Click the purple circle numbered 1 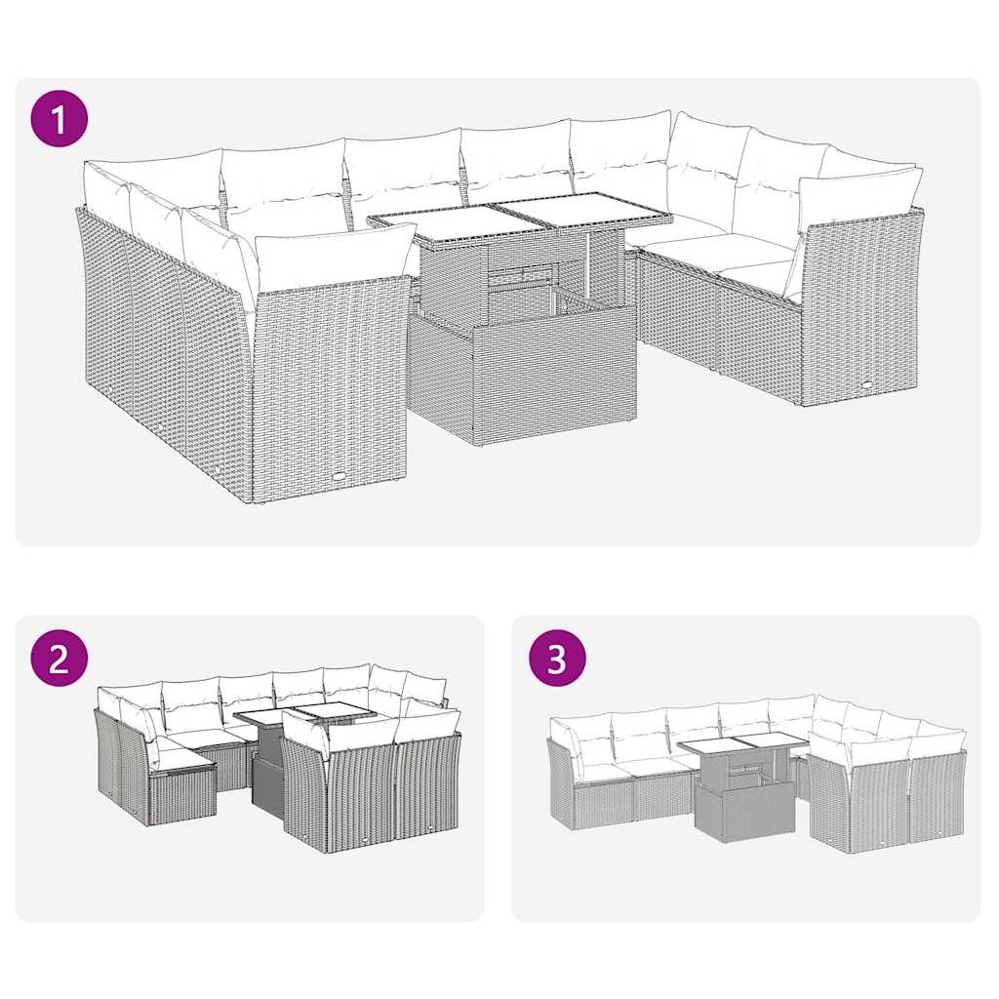pyautogui.click(x=59, y=119)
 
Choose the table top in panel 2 pyautogui.click(x=304, y=716)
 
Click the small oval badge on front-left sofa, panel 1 pyautogui.click(x=339, y=475)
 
